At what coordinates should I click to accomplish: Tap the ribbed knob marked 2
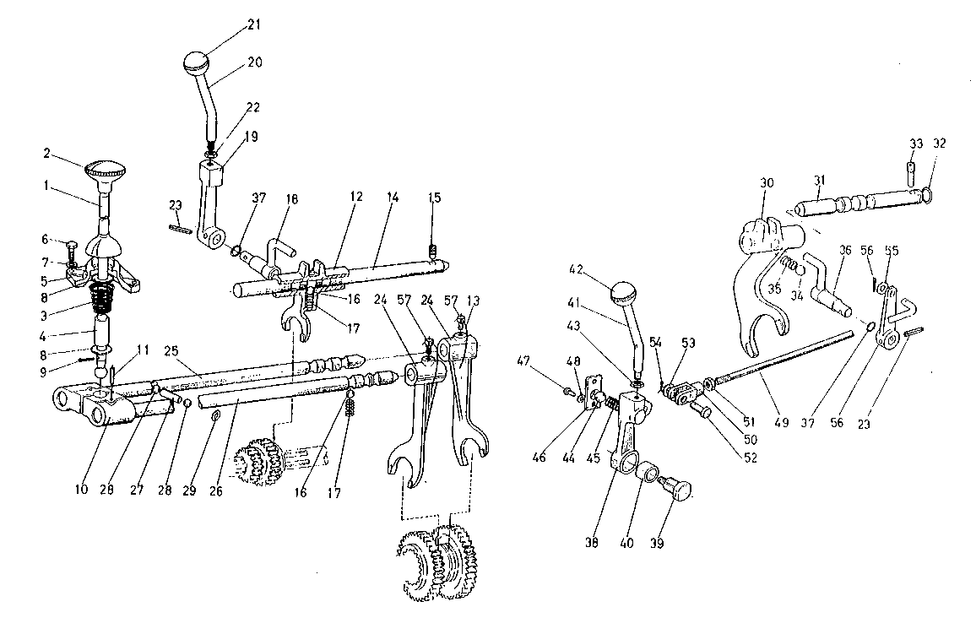pyautogui.click(x=105, y=169)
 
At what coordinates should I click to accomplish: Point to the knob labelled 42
pyautogui.click(x=625, y=292)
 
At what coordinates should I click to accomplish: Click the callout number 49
pyautogui.click(x=782, y=422)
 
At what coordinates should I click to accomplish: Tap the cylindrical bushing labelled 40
pyautogui.click(x=648, y=473)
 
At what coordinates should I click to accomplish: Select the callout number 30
pyautogui.click(x=767, y=183)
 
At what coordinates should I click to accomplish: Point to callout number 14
pyautogui.click(x=393, y=198)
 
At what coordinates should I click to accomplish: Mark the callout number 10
pyautogui.click(x=82, y=489)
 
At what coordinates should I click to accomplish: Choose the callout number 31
pyautogui.click(x=818, y=181)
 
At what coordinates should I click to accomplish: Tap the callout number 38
pyautogui.click(x=591, y=542)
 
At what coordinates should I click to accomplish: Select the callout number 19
pyautogui.click(x=251, y=136)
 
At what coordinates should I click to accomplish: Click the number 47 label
pyautogui.click(x=523, y=360)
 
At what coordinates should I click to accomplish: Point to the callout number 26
pyautogui.click(x=215, y=491)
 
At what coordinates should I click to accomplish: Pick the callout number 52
pyautogui.click(x=751, y=458)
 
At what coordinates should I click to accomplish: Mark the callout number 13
pyautogui.click(x=473, y=301)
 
